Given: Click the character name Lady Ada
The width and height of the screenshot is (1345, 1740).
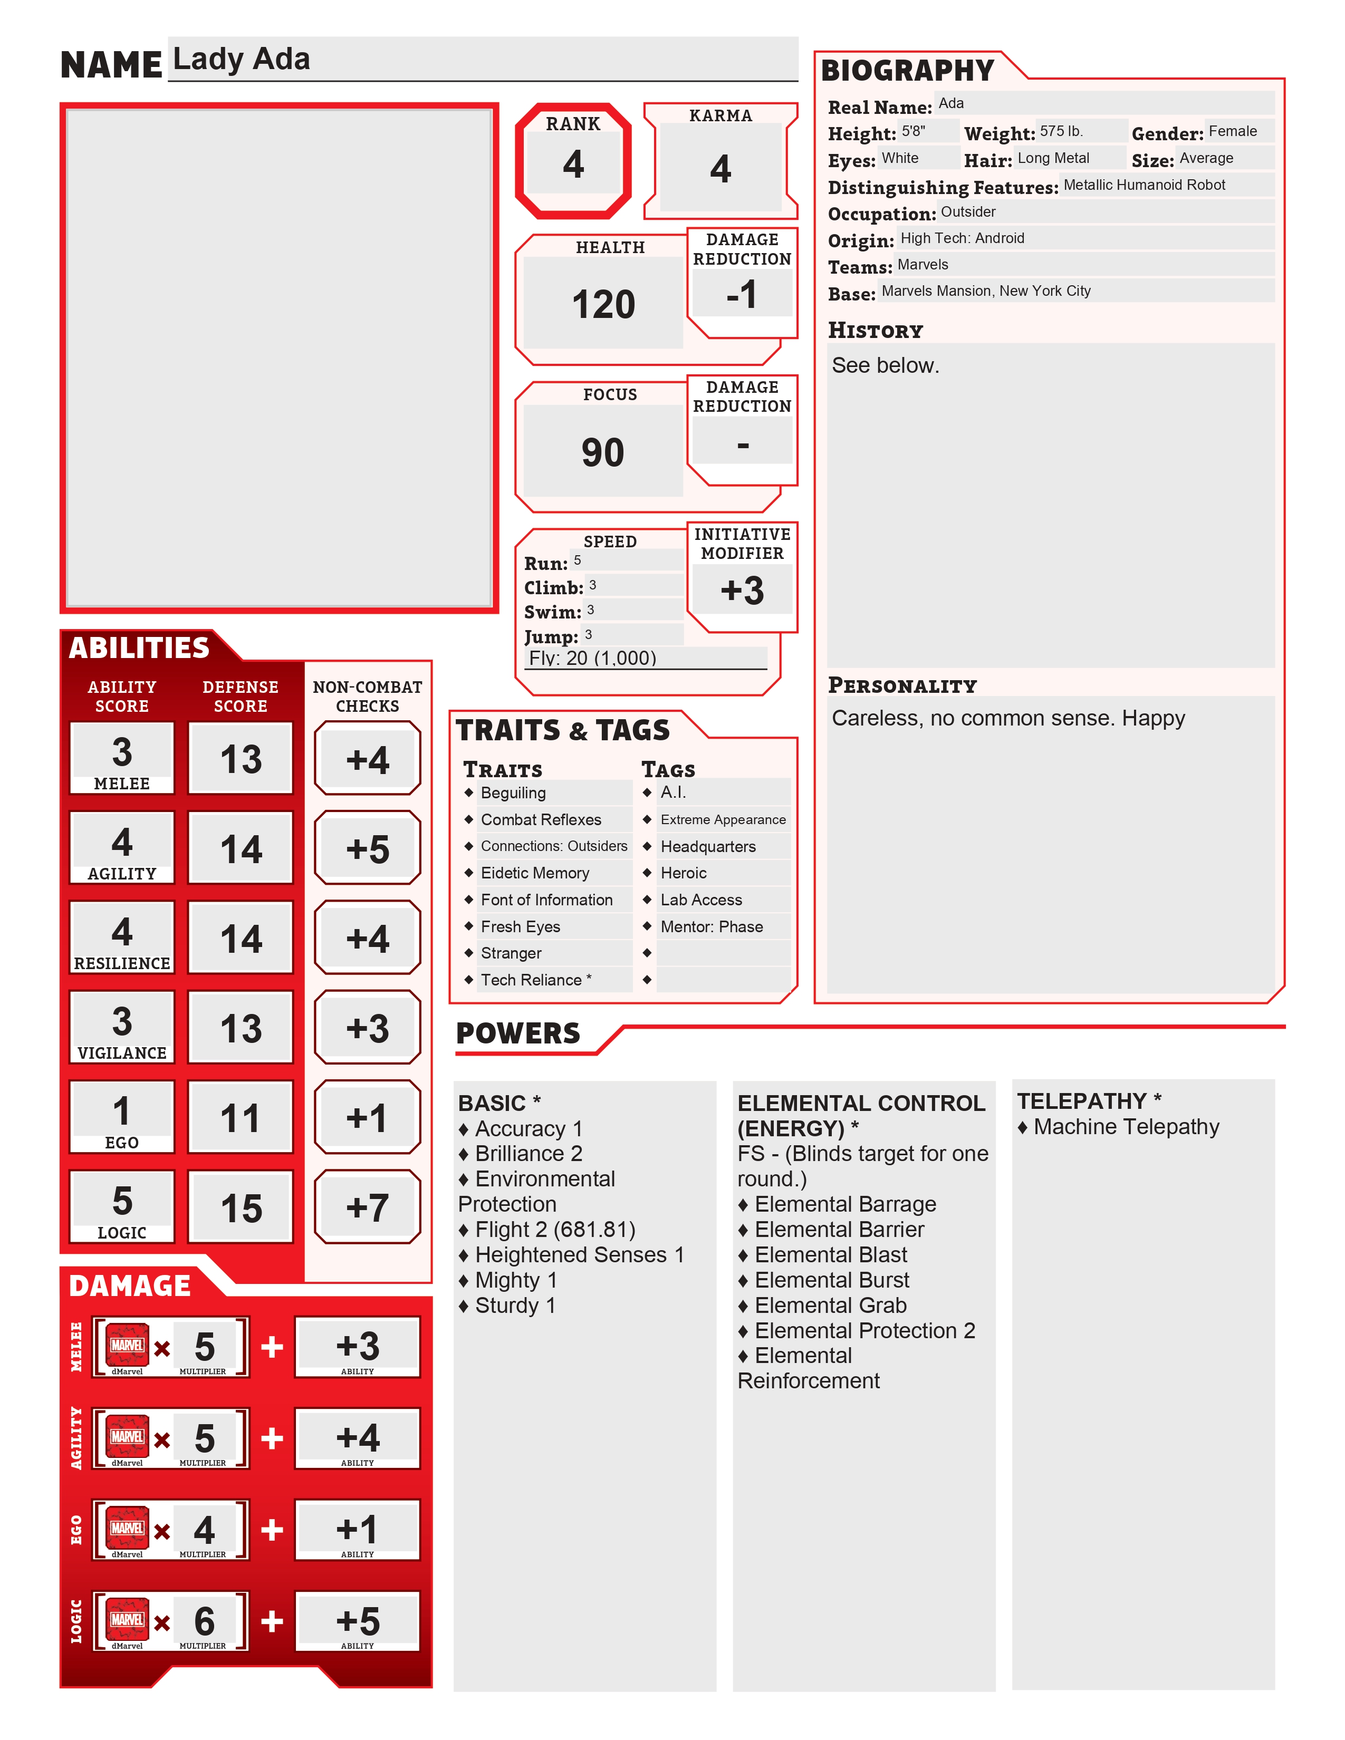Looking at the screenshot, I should [x=242, y=59].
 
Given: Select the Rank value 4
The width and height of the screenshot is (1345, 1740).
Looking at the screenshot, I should [x=573, y=164].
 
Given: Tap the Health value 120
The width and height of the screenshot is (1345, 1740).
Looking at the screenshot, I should [x=603, y=304].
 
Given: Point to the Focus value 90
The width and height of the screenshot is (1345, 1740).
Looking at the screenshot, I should [x=602, y=452].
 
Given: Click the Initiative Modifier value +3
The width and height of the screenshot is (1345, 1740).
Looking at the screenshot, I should [x=742, y=591].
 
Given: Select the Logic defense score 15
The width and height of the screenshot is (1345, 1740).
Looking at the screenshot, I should [x=241, y=1208].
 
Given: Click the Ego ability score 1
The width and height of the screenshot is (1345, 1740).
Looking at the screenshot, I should [x=121, y=1110].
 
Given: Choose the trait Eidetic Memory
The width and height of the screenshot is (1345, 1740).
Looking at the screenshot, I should [x=535, y=873].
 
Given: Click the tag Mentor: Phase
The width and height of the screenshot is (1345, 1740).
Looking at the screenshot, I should [x=712, y=926].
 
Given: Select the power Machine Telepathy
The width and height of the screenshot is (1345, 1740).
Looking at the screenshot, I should [x=1126, y=1127].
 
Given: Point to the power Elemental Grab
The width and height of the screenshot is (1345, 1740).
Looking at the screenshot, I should [x=830, y=1305].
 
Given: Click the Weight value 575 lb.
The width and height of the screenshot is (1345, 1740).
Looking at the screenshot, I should [x=1061, y=131].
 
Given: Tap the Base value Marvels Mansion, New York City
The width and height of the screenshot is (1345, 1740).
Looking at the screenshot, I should [x=986, y=291].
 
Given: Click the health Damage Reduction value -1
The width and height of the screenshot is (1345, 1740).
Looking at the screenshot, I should [x=742, y=295].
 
